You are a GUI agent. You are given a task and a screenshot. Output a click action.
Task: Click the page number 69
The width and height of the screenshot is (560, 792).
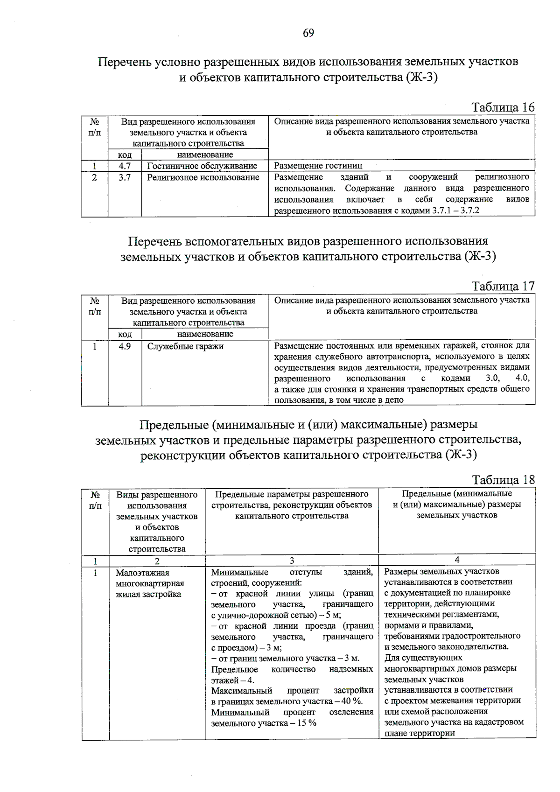click(x=308, y=33)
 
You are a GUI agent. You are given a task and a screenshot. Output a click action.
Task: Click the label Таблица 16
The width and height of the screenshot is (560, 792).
click(x=503, y=107)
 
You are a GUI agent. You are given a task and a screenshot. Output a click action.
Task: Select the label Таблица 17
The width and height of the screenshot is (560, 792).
click(x=503, y=286)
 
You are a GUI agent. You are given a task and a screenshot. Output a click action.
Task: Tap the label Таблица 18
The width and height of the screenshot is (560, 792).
click(x=503, y=480)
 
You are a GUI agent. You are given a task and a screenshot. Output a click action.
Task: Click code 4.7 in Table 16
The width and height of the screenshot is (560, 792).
click(x=125, y=166)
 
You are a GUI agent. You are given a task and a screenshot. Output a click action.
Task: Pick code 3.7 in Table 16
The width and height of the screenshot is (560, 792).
click(x=125, y=177)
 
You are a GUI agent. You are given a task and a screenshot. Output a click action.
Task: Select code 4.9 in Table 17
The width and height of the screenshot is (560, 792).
click(x=125, y=346)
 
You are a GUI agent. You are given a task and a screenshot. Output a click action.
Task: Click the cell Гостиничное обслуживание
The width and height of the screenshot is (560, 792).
click(x=202, y=166)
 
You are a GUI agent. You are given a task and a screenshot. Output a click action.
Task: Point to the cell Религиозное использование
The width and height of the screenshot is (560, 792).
click(x=203, y=177)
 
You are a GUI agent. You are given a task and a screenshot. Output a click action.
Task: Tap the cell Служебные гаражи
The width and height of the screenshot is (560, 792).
click(x=185, y=346)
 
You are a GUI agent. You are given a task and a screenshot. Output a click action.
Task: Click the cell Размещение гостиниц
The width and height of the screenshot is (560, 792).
click(x=318, y=166)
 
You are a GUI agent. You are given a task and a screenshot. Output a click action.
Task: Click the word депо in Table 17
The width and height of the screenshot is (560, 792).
click(x=394, y=400)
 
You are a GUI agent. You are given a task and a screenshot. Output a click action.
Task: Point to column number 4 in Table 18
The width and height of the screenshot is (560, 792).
click(x=457, y=560)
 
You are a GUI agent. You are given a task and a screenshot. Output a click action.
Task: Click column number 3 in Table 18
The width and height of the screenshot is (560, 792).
click(x=292, y=561)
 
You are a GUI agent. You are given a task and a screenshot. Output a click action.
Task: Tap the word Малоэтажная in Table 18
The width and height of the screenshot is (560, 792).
click(x=142, y=573)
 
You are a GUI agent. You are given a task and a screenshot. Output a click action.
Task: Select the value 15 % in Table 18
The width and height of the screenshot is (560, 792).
click(x=306, y=723)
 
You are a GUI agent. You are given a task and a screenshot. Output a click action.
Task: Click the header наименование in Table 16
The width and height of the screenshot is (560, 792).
click(x=205, y=154)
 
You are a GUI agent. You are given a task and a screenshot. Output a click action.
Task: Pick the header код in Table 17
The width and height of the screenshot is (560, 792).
click(x=125, y=334)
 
